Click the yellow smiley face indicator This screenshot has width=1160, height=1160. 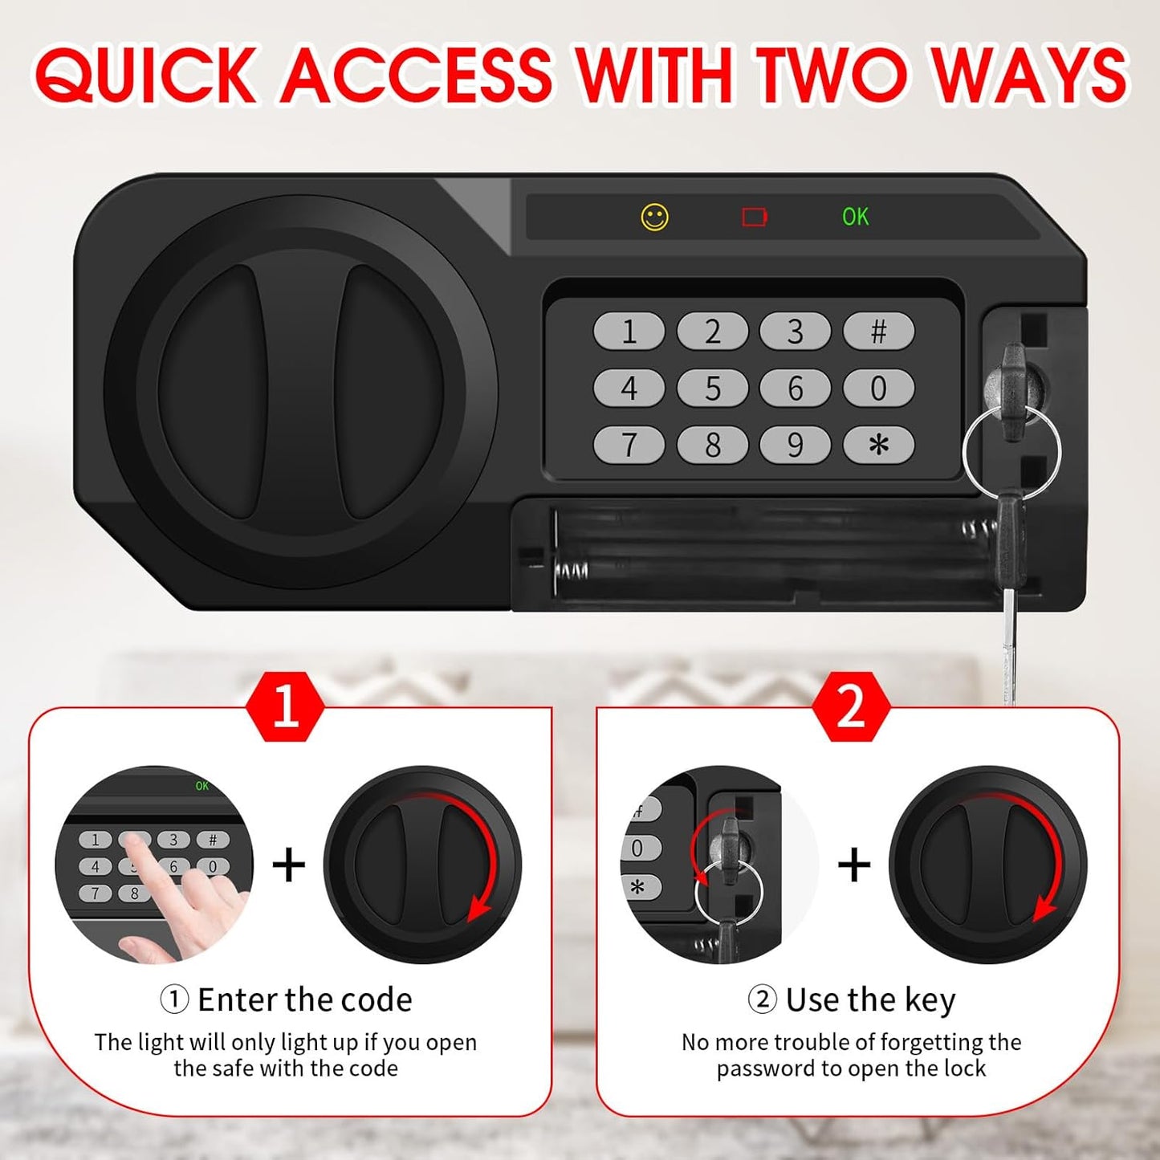(x=654, y=218)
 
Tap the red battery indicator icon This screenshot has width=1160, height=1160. (x=754, y=217)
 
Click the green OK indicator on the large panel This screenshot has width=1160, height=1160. (x=855, y=217)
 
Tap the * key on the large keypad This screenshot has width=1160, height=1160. (x=878, y=445)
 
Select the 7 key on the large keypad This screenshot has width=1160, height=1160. (x=629, y=445)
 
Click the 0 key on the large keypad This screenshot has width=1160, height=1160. (x=878, y=389)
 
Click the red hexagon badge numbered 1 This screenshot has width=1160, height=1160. (x=286, y=706)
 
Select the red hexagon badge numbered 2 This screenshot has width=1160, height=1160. (x=851, y=706)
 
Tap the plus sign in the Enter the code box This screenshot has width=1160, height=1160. (x=289, y=865)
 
